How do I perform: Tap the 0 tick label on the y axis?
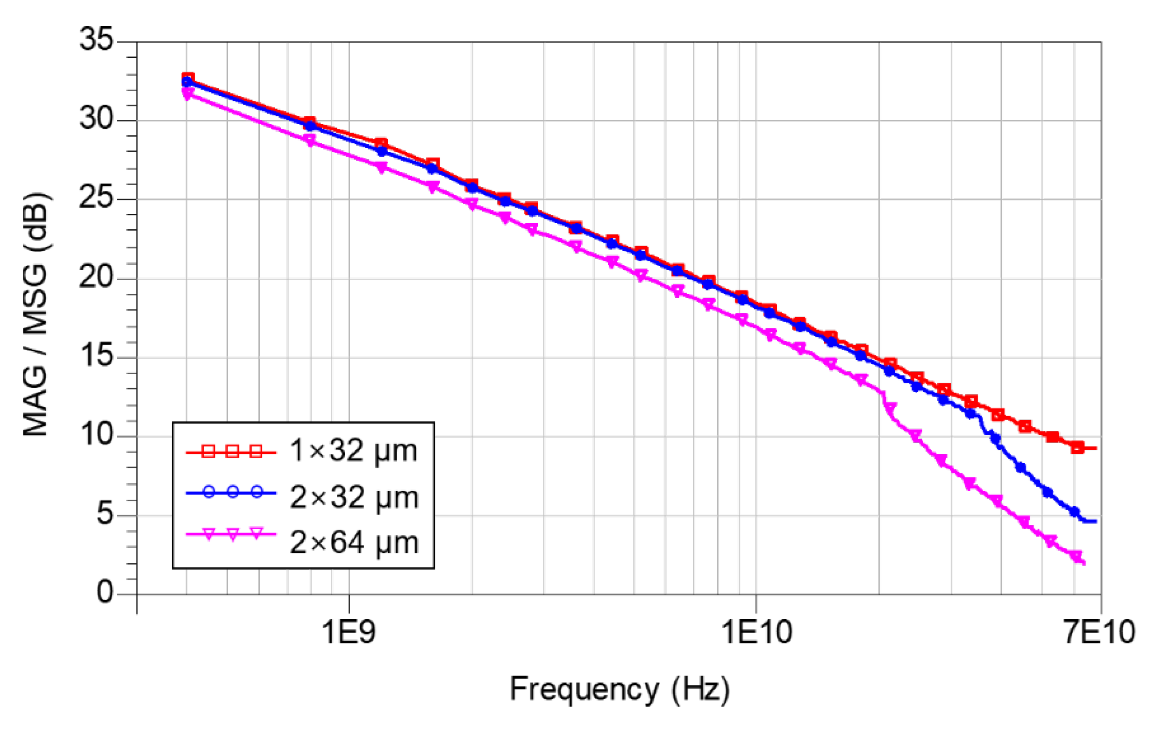[x=105, y=592]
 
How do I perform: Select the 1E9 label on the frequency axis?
[x=348, y=631]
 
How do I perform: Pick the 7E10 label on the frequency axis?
[x=1100, y=631]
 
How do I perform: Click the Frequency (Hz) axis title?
[x=620, y=689]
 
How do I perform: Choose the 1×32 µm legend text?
[x=353, y=451]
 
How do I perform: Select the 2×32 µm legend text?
[x=354, y=497]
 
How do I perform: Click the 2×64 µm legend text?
[x=354, y=543]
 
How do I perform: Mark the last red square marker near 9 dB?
[x=1077, y=447]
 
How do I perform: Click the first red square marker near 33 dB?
[x=188, y=78]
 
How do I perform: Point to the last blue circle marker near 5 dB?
[x=1074, y=511]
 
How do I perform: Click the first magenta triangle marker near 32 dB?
[x=188, y=93]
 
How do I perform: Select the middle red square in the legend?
[x=233, y=452]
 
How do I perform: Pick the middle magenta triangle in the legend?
[x=233, y=534]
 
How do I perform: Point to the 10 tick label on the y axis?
[x=96, y=435]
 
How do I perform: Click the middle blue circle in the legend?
[x=233, y=492]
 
